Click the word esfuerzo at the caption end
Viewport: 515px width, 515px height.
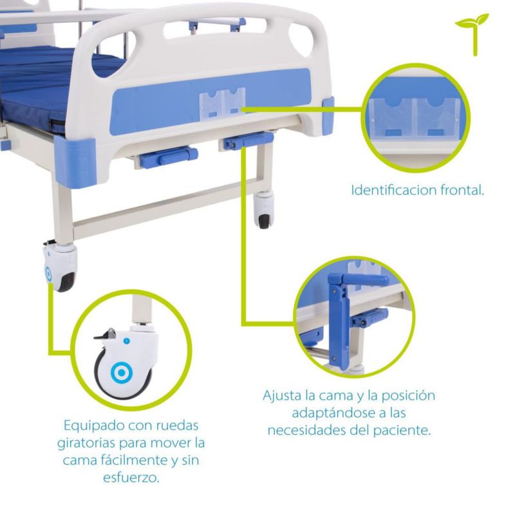pos(131,477)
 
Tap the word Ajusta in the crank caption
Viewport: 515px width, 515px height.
pos(282,396)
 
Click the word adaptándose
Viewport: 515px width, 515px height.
pos(333,413)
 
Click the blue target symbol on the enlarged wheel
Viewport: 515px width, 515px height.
pos(122,373)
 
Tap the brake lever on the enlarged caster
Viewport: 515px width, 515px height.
pos(106,334)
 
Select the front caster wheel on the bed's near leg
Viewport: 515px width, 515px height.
pos(61,268)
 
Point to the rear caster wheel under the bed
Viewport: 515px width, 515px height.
pos(264,211)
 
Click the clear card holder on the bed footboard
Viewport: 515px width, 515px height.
pos(222,102)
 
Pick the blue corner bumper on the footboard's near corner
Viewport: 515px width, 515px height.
pos(76,162)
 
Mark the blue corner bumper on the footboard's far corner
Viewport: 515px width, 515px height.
pos(328,116)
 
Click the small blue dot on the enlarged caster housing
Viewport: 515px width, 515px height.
pos(126,341)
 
